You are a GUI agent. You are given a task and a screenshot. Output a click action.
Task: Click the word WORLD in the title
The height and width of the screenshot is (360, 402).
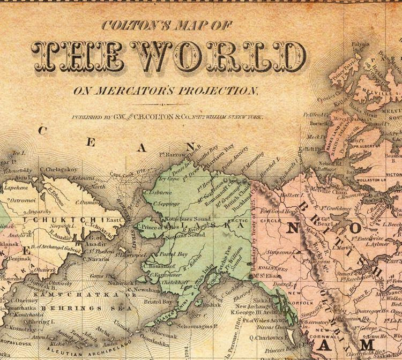coord(219,56)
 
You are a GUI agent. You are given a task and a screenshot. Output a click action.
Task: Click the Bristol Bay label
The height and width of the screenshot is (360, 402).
coord(160,302)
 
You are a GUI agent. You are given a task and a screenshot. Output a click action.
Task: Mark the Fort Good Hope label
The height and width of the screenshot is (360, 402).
coord(279,211)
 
